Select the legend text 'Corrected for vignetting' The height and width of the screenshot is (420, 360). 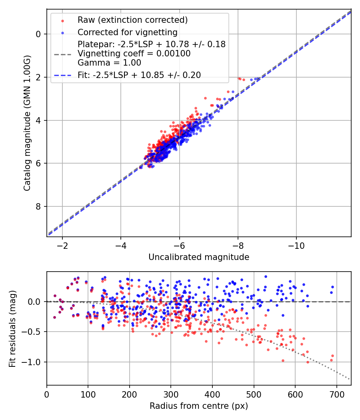128,32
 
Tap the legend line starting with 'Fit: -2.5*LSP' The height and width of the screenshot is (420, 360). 139,75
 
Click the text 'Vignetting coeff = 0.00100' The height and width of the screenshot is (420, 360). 134,53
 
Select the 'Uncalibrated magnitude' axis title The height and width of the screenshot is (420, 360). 199,257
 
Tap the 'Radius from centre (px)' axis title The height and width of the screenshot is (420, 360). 199,406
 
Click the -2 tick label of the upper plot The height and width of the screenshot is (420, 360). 62,244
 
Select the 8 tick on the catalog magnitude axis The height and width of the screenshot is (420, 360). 38,206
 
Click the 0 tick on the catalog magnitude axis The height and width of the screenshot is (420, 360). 38,34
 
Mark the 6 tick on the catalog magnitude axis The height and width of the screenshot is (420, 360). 38,163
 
